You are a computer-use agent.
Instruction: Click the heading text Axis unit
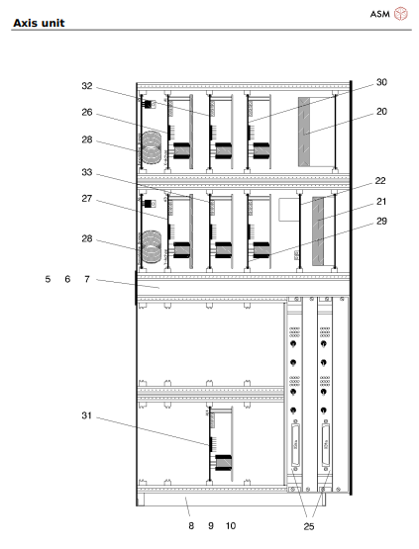tap(39, 22)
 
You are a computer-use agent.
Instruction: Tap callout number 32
tap(87, 86)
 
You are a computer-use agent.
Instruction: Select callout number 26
tap(87, 112)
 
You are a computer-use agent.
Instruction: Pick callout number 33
tap(87, 172)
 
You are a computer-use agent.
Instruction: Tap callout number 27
tap(87, 199)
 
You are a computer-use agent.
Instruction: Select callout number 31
tap(87, 415)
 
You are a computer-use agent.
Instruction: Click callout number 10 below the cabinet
tap(231, 526)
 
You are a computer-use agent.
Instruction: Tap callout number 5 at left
tap(48, 280)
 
